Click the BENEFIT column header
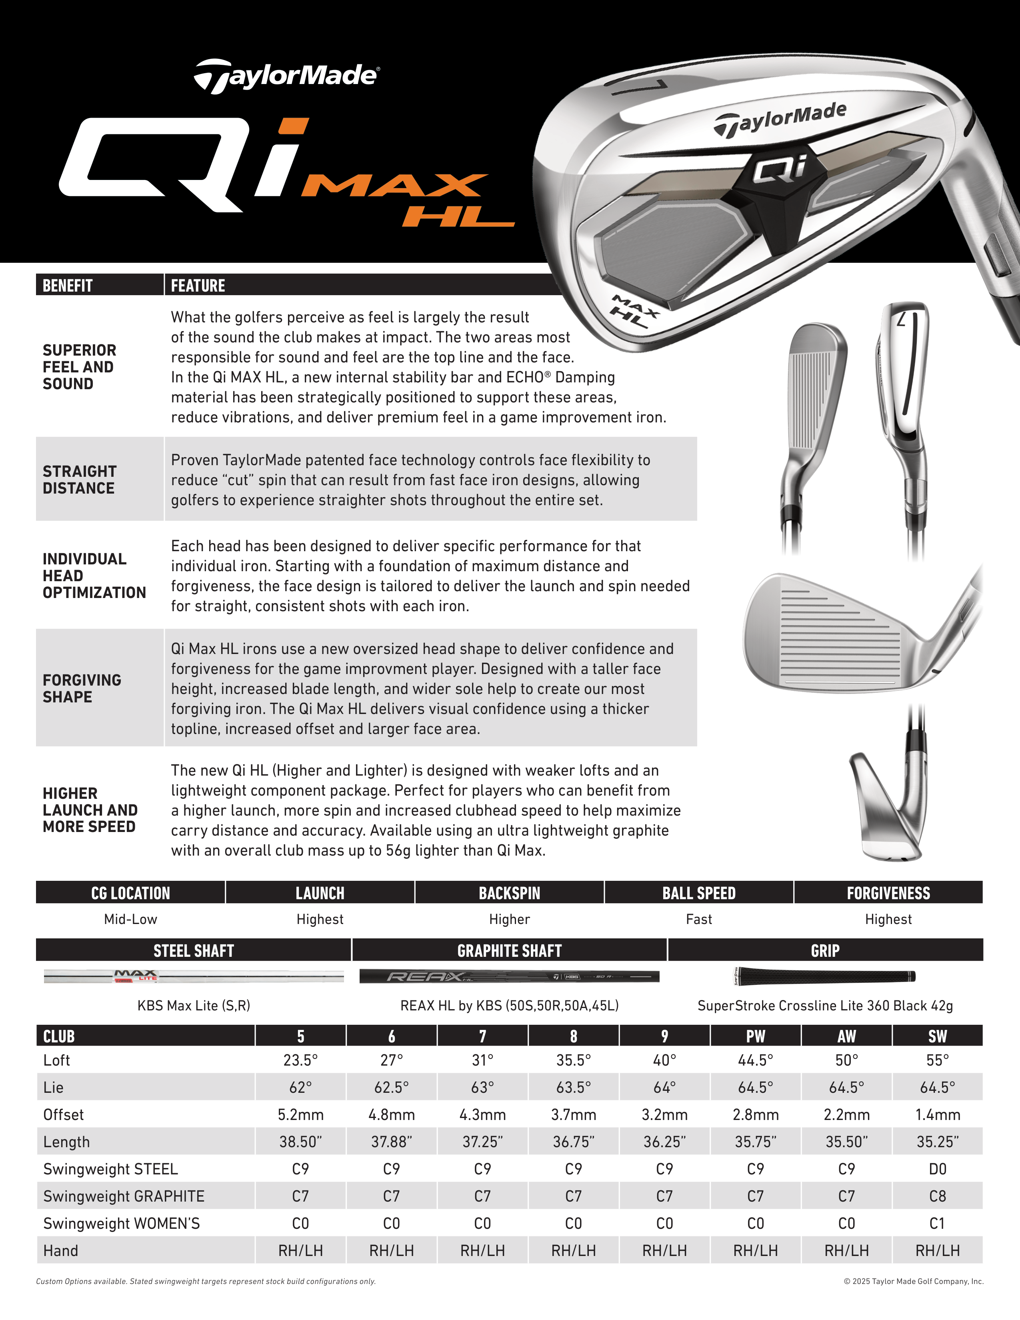point(68,285)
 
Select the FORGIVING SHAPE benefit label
point(82,688)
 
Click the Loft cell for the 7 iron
point(482,1060)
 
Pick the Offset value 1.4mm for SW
point(937,1114)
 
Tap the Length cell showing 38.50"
point(300,1142)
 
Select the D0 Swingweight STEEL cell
point(937,1169)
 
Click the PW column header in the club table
point(755,1036)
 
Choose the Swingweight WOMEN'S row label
point(122,1223)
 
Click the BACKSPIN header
point(509,893)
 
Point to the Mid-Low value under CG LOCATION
point(130,919)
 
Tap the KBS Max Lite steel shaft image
point(193,976)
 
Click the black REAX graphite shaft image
point(509,976)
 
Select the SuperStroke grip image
point(825,976)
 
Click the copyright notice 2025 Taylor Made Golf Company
point(913,1281)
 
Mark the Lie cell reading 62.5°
point(392,1087)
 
